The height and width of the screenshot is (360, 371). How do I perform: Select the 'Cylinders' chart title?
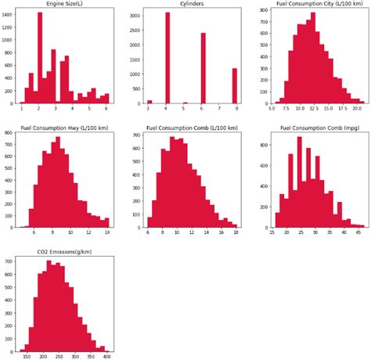pyautogui.click(x=189, y=5)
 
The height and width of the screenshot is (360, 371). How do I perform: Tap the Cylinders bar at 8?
pyautogui.click(x=234, y=86)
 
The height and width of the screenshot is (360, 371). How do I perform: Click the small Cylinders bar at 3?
pyautogui.click(x=149, y=102)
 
